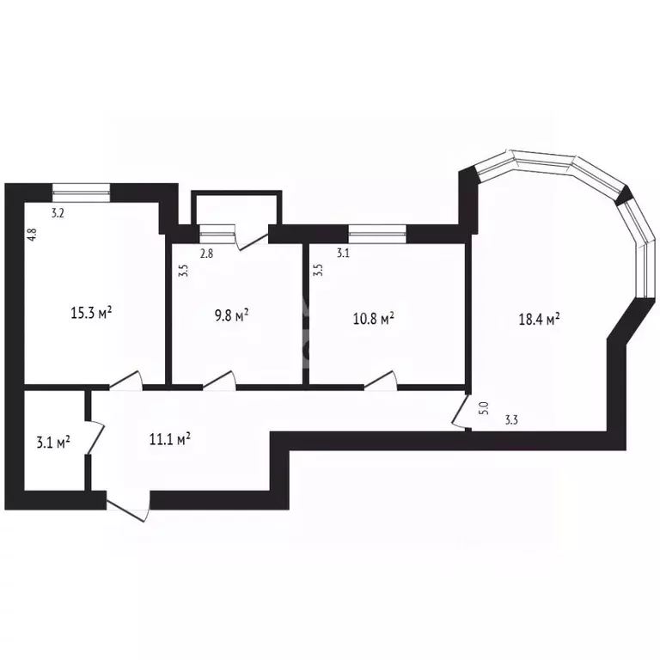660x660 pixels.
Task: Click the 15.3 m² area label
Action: point(91,313)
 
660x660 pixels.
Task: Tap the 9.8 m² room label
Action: point(231,315)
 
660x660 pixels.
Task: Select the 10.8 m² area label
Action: point(373,319)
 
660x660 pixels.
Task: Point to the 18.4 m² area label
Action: point(539,319)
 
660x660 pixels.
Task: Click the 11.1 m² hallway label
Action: point(170,439)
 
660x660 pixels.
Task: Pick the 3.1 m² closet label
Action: point(53,443)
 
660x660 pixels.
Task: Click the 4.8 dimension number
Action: point(33,235)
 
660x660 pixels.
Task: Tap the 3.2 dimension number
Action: point(58,213)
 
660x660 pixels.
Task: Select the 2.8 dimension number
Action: point(206,254)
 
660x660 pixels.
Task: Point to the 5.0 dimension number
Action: point(484,408)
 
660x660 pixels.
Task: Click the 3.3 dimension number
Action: point(511,419)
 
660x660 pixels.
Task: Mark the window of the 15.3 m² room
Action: point(82,192)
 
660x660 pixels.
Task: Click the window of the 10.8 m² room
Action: point(377,234)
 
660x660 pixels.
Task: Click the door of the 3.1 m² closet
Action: point(95,437)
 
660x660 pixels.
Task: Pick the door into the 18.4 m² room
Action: point(461,412)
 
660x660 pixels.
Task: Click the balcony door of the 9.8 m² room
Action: point(251,238)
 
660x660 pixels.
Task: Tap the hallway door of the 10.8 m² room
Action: point(381,381)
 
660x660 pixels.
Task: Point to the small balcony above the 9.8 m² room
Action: point(236,208)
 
